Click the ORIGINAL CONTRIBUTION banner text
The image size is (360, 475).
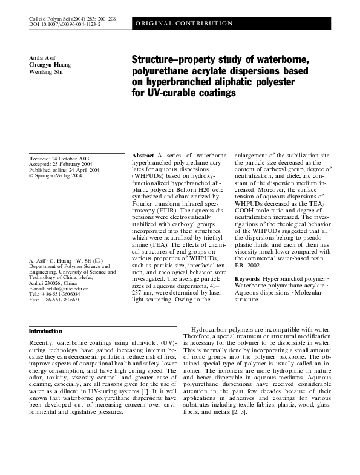184,23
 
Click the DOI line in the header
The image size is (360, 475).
65,27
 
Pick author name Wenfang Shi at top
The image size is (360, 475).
46,72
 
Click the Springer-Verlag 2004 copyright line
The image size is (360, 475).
56,177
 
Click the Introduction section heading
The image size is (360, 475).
45,332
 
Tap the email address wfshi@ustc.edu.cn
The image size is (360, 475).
64,289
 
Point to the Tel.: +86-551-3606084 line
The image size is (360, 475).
54,294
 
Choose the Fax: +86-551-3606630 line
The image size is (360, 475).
54,300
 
